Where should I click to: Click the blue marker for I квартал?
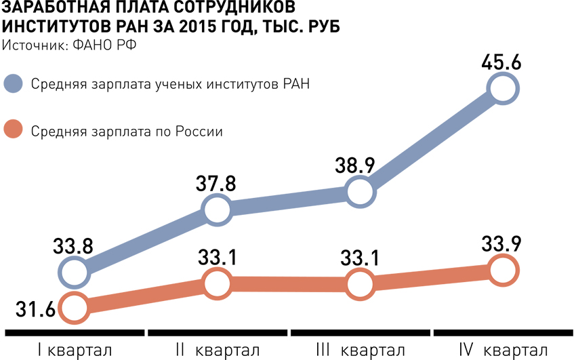tap(74, 273)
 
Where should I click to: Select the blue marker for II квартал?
tap(216, 210)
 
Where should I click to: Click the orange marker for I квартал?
tap(74, 308)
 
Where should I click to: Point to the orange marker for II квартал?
tap(216, 282)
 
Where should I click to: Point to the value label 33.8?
tap(73, 246)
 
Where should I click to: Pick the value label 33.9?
tap(502, 243)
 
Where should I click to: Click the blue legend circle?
tap(14, 84)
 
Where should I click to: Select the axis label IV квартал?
tap(503, 351)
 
